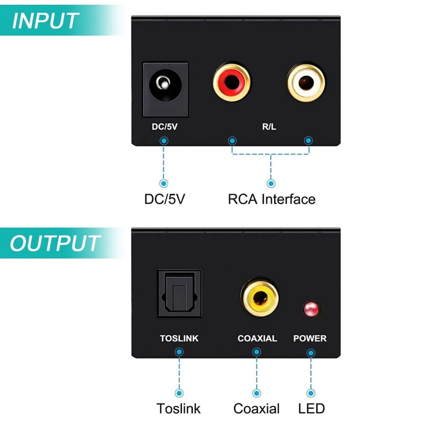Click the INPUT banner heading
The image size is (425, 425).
pyautogui.click(x=45, y=21)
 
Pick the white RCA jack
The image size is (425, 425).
pyautogui.click(x=306, y=82)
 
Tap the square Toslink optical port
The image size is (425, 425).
pyautogui.click(x=180, y=293)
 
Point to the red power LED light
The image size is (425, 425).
pyautogui.click(x=311, y=309)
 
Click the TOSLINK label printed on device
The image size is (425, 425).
pyautogui.click(x=179, y=339)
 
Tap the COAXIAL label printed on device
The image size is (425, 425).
pyautogui.click(x=257, y=339)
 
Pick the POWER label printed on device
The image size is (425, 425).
pyautogui.click(x=310, y=339)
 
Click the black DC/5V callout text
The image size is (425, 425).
pyautogui.click(x=164, y=199)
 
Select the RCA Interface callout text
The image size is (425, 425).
pyautogui.click(x=272, y=199)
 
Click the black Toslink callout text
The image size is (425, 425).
pyautogui.click(x=178, y=408)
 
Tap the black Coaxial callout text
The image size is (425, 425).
pyautogui.click(x=257, y=408)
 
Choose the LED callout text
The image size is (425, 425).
pyautogui.click(x=312, y=408)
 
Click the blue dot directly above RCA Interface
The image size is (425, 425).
pyautogui.click(x=271, y=183)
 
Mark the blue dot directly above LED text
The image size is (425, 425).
pyautogui.click(x=311, y=393)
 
